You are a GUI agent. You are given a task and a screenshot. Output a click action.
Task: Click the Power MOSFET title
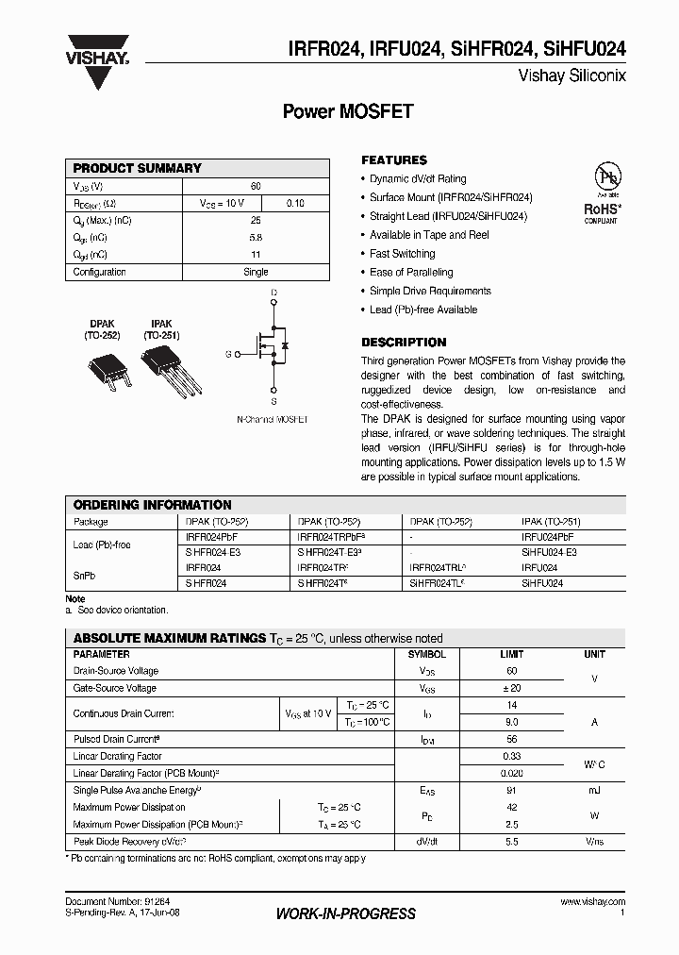click(348, 111)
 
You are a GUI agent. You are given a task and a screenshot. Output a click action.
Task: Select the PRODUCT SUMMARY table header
click(138, 168)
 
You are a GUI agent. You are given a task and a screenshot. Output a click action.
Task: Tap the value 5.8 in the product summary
click(256, 238)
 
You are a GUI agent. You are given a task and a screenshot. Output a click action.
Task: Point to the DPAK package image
click(102, 367)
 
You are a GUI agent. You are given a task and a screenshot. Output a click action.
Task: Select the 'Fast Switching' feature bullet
click(402, 254)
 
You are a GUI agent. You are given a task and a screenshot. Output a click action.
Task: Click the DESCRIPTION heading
click(404, 343)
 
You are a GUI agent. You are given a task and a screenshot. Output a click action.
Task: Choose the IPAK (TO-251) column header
click(551, 521)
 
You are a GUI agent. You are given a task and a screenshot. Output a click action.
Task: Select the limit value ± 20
click(511, 688)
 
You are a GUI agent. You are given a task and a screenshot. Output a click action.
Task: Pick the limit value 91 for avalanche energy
click(511, 790)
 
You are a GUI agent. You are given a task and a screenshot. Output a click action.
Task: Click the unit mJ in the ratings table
click(594, 790)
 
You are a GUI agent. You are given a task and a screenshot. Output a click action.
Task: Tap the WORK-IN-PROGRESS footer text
click(345, 913)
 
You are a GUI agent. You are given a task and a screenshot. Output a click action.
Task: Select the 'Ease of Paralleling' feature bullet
click(411, 273)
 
